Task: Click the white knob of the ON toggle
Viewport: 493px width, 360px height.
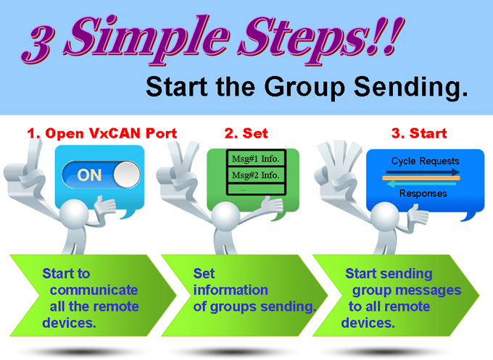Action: click(126, 175)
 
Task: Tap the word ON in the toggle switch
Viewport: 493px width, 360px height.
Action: click(89, 175)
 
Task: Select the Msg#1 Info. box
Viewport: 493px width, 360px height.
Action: click(256, 159)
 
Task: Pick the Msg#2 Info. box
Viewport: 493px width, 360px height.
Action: click(256, 175)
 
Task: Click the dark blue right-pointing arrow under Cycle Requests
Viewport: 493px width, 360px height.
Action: click(423, 172)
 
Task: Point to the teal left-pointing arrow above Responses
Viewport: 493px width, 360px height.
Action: click(421, 184)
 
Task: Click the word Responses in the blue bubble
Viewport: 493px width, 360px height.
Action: click(423, 193)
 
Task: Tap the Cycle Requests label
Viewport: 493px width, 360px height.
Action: click(425, 161)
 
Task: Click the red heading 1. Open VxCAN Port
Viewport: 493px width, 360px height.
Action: click(102, 133)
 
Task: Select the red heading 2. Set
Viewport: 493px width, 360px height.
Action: click(246, 133)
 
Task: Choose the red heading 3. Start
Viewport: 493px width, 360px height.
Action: click(419, 133)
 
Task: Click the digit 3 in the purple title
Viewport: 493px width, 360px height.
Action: click(37, 43)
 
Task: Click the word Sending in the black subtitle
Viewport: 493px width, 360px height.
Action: click(411, 87)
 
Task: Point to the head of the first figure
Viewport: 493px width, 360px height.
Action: click(74, 214)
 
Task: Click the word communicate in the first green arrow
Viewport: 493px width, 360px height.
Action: click(94, 290)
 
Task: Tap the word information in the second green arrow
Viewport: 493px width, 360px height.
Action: click(231, 290)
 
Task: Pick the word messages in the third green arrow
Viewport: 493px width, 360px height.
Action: click(428, 290)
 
